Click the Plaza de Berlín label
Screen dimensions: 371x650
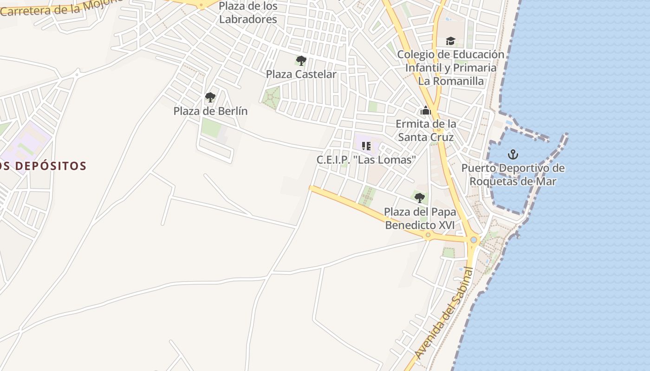pos(210,111)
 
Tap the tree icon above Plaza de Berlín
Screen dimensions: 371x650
pos(210,97)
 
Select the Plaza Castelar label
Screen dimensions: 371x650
pos(301,74)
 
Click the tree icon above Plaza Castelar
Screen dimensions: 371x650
pos(301,60)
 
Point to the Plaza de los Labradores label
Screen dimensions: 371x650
pos(248,13)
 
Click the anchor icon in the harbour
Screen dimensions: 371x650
pos(513,154)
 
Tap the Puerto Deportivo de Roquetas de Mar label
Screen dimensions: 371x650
pos(513,174)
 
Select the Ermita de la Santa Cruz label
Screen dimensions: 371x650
pos(426,130)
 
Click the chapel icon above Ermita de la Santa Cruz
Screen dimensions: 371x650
pos(425,111)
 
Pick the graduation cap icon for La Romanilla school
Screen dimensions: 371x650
pos(450,41)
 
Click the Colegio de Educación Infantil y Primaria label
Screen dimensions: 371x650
pos(450,61)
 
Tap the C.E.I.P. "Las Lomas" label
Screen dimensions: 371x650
pos(366,160)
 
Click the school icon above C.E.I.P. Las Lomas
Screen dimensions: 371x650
pos(366,147)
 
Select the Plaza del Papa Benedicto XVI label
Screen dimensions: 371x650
pos(420,218)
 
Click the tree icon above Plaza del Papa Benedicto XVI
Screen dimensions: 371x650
pos(420,198)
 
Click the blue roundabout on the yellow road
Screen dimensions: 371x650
pos(474,240)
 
